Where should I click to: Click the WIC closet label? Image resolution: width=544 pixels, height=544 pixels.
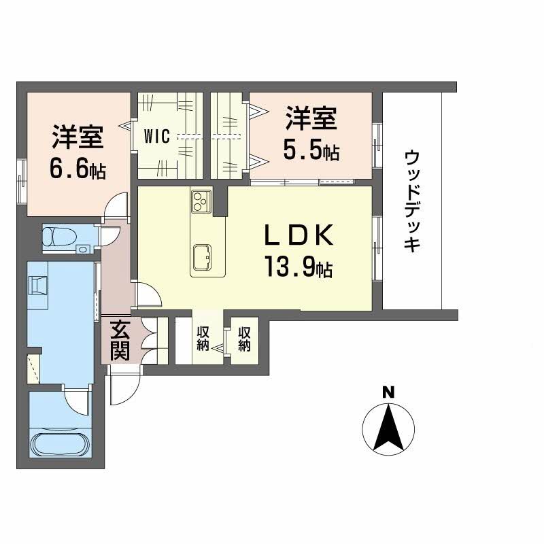(x=157, y=136)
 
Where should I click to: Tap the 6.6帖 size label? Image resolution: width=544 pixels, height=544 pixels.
(x=78, y=169)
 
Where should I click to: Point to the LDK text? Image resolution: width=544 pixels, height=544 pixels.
(x=299, y=235)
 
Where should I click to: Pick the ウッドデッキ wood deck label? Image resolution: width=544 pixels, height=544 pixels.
(x=412, y=200)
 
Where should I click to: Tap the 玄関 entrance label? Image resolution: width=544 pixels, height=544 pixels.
(x=120, y=341)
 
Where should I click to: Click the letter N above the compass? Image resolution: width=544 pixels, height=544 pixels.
(x=388, y=393)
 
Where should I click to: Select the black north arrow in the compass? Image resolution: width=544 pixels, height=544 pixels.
(x=388, y=428)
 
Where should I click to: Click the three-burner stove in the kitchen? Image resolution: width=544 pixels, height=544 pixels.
(x=201, y=201)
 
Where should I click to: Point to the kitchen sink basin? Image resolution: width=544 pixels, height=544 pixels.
(x=203, y=257)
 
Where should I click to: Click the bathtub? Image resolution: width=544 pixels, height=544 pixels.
(x=61, y=445)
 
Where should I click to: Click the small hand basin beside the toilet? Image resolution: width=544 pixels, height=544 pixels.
(x=83, y=248)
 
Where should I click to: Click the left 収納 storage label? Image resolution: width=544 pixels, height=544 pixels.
(x=203, y=339)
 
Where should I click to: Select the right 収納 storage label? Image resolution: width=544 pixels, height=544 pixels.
(x=245, y=339)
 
